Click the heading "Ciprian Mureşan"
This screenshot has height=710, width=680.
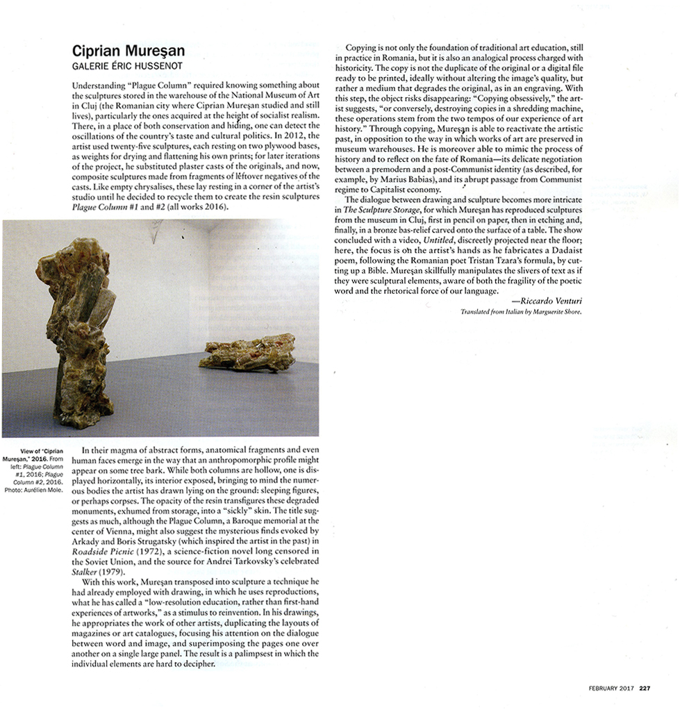point(128,52)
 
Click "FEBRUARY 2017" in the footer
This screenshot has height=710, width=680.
point(608,689)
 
